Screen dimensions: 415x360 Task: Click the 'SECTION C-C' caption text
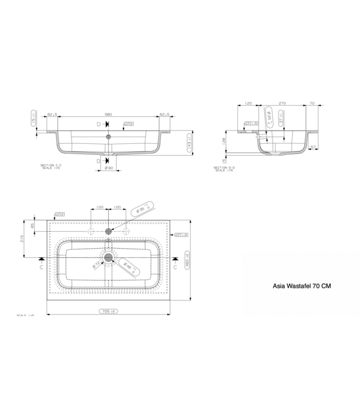coord(51,165)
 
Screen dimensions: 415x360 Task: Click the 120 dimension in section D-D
coord(248,103)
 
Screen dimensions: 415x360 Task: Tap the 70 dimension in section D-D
coord(312,103)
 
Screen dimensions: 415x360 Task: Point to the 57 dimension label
coord(314,148)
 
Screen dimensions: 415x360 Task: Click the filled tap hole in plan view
coord(109,230)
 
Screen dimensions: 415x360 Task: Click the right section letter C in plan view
coord(176,267)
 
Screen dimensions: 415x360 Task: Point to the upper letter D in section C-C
coord(99,124)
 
